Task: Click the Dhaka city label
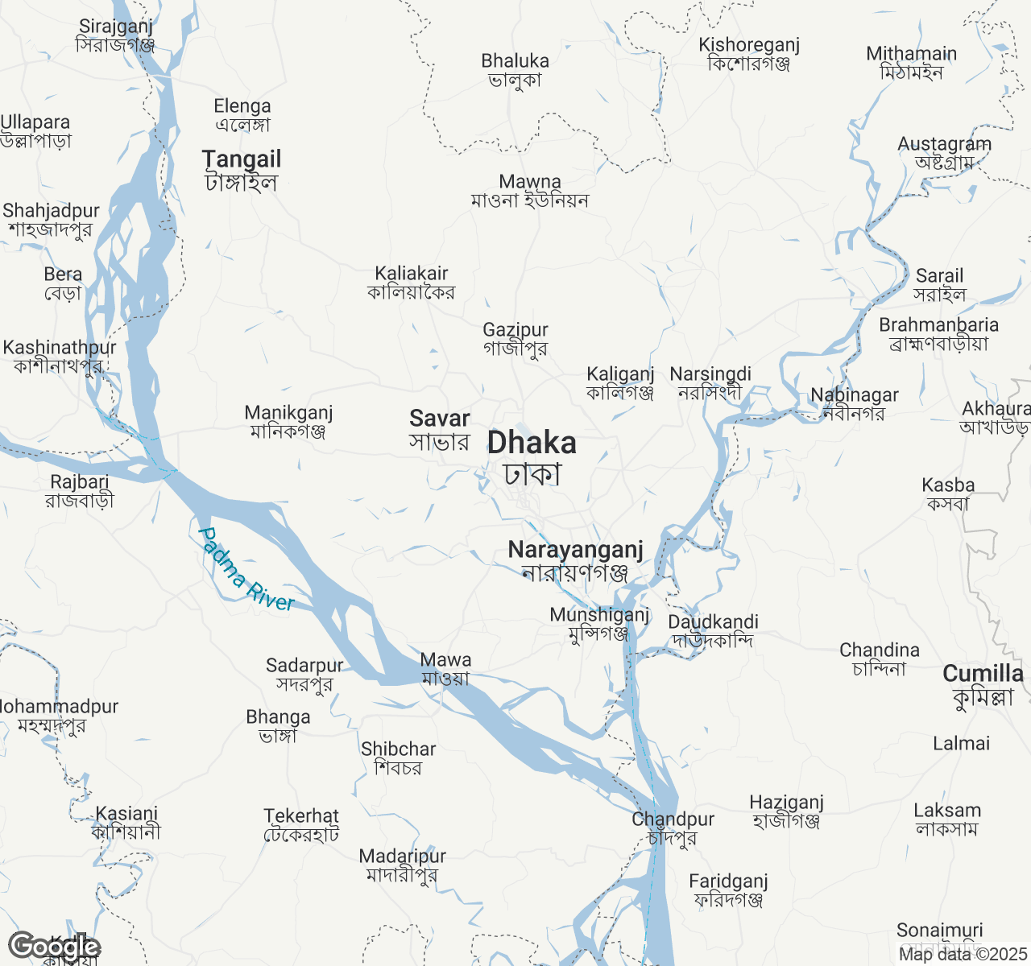click(x=532, y=457)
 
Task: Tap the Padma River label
click(x=246, y=570)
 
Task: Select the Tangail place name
click(x=242, y=170)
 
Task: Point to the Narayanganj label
click(x=575, y=560)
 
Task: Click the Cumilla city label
click(x=983, y=684)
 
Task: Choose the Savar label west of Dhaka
click(x=439, y=429)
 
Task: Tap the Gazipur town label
click(x=515, y=339)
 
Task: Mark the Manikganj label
click(x=288, y=422)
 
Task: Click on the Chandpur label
click(x=673, y=828)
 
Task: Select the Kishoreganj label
click(x=749, y=54)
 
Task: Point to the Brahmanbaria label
click(x=938, y=334)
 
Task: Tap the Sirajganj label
click(x=115, y=35)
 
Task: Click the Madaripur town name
click(x=402, y=865)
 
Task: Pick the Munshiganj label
click(x=599, y=624)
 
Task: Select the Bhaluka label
click(x=515, y=70)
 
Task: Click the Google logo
click(x=54, y=947)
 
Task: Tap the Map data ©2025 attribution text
click(x=963, y=955)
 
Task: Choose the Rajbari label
click(x=79, y=491)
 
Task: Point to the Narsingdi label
click(x=710, y=383)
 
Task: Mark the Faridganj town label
click(x=728, y=890)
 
